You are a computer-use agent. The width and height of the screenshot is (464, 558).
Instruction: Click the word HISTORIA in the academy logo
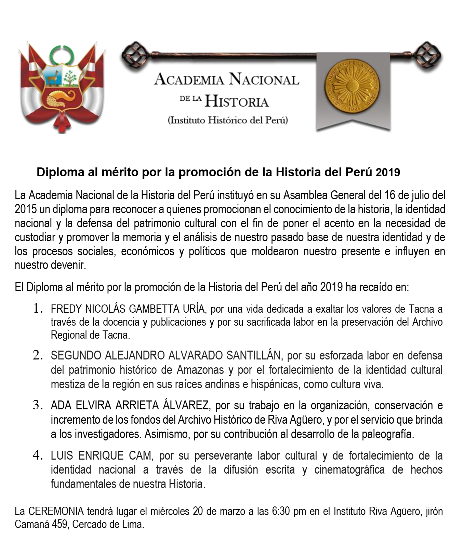(237, 101)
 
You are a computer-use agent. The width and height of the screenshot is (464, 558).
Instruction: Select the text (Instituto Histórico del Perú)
(228, 121)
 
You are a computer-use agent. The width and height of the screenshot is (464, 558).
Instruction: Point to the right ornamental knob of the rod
(429, 54)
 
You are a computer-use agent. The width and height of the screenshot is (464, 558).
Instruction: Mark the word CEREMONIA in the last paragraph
(56, 512)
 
